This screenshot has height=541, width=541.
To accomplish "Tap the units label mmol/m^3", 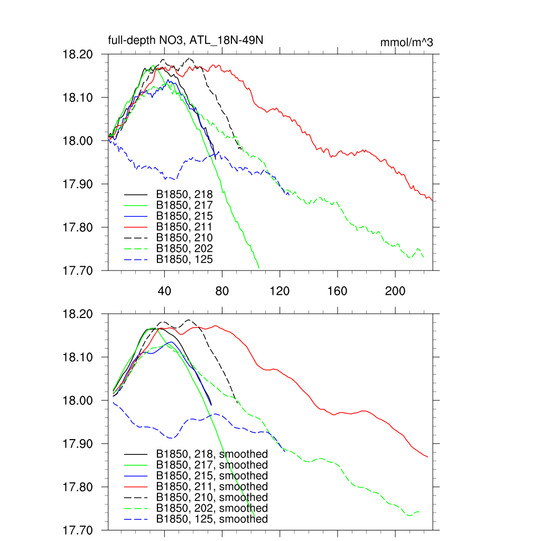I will [x=406, y=43].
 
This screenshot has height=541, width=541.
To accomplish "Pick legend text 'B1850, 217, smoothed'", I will [x=212, y=465].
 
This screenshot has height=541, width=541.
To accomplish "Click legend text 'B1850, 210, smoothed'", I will [x=212, y=498].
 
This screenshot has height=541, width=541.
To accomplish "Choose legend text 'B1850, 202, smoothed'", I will [x=212, y=508].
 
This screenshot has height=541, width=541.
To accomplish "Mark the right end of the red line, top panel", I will [x=433, y=201].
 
